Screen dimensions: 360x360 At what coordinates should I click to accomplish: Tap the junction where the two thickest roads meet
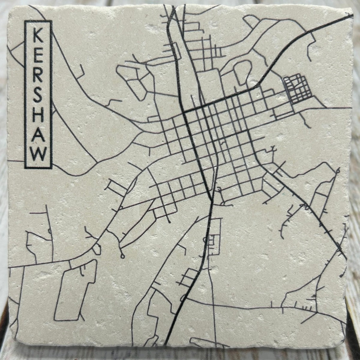[x=184, y=112]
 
